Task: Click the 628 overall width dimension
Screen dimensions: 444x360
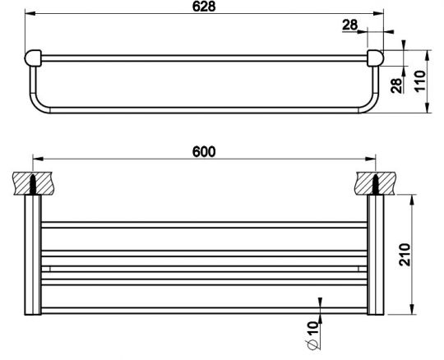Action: (x=204, y=7)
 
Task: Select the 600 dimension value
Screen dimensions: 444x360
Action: (x=204, y=152)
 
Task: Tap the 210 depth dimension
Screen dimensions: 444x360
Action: (x=405, y=255)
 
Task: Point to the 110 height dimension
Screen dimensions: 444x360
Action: (x=420, y=81)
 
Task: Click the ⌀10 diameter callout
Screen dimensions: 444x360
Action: (x=312, y=335)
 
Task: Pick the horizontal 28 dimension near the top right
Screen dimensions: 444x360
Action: (x=350, y=25)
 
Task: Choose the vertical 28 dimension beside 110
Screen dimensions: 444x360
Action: (x=396, y=85)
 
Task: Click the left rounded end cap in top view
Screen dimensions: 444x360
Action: (x=33, y=58)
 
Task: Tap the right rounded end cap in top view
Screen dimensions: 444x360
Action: (x=376, y=58)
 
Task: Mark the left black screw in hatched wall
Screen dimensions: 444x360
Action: (x=33, y=184)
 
